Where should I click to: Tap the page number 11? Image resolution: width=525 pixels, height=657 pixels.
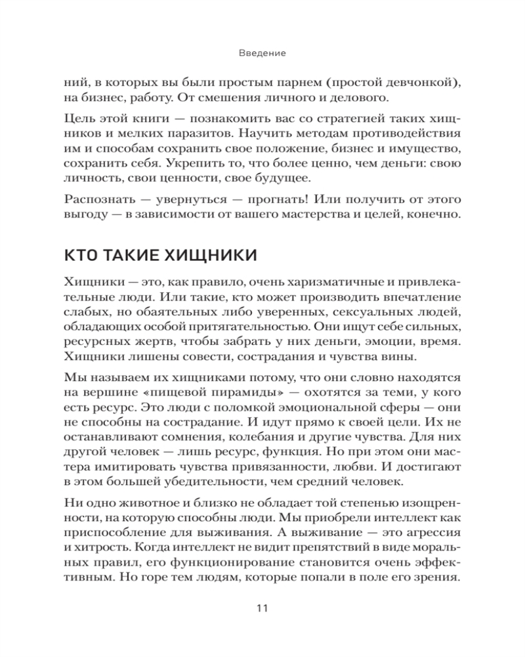click(262, 608)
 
